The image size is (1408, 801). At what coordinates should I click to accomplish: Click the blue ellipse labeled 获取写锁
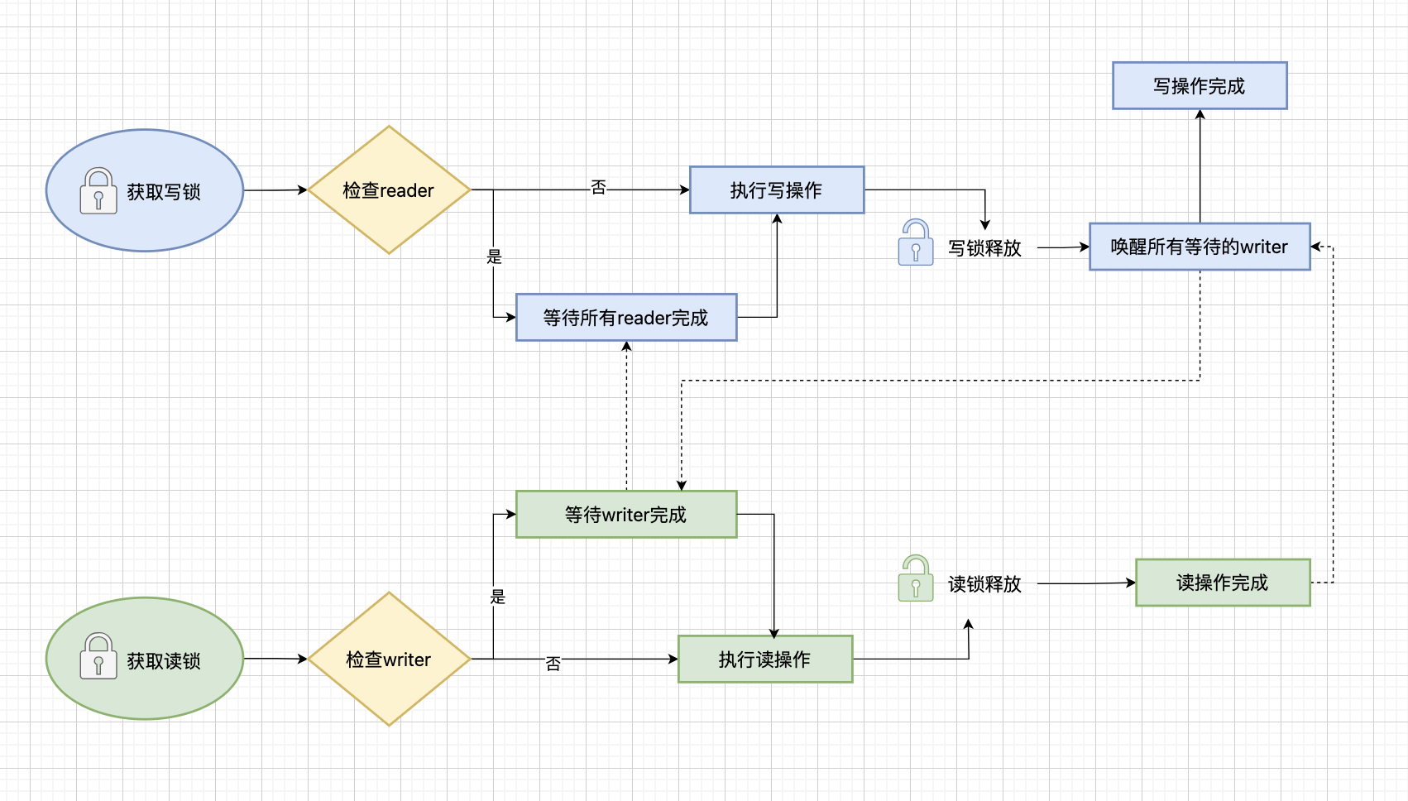(145, 190)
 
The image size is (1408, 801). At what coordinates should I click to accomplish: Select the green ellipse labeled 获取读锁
(145, 659)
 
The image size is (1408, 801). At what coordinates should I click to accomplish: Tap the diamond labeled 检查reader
(389, 190)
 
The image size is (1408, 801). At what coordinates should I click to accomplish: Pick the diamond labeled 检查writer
(389, 660)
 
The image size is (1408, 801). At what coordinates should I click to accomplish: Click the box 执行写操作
(777, 190)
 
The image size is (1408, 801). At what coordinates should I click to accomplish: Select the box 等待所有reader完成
(626, 318)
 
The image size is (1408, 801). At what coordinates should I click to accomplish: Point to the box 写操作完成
(1200, 86)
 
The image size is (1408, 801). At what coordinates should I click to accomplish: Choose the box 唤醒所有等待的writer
(1200, 247)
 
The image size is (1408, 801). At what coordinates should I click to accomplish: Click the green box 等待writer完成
(626, 515)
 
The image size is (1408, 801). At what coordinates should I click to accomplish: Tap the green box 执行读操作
(765, 660)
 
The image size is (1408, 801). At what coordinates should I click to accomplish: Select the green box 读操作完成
(1223, 583)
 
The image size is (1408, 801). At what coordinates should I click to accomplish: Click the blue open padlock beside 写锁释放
(916, 242)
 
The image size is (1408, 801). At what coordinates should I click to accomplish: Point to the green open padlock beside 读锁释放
(916, 578)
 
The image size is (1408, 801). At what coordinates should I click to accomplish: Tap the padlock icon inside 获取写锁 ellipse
(98, 191)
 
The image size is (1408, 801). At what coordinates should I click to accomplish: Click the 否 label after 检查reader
(598, 188)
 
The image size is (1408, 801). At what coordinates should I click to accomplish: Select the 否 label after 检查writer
(553, 664)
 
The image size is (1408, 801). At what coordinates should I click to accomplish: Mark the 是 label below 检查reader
(494, 257)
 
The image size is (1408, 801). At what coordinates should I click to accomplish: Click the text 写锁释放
(984, 248)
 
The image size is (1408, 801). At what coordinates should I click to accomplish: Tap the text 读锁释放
(984, 584)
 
